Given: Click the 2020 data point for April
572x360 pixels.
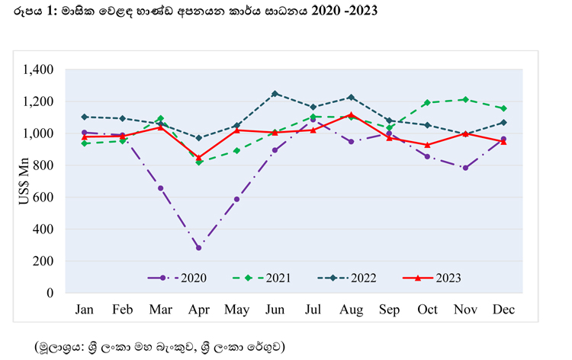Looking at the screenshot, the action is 199,248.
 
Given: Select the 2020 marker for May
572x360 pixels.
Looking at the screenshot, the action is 236,200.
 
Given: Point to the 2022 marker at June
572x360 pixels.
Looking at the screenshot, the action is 275,94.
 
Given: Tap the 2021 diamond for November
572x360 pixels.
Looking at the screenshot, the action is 465,100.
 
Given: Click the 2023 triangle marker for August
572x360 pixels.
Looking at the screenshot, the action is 351,115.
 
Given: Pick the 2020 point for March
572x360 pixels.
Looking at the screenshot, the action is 160,188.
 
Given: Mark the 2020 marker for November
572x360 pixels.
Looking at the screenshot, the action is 465,168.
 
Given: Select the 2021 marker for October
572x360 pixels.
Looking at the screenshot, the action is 427,103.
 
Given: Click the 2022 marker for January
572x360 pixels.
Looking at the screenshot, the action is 84,117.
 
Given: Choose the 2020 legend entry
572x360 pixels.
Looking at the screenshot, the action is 177,278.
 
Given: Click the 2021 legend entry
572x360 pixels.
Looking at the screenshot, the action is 262,278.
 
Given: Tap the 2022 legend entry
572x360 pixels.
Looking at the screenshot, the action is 347,278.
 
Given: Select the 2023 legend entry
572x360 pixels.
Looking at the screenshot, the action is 432,278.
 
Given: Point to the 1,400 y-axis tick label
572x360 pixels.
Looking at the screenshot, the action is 38,69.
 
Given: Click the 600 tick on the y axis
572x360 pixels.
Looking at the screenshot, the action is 43,198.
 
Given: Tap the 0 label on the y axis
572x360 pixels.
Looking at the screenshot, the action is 50,293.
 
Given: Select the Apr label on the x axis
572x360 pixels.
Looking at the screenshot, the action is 199,310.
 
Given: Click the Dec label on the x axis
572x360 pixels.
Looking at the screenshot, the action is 503,310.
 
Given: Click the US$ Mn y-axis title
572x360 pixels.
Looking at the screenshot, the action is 24,182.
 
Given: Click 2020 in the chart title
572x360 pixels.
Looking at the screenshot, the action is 326,11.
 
